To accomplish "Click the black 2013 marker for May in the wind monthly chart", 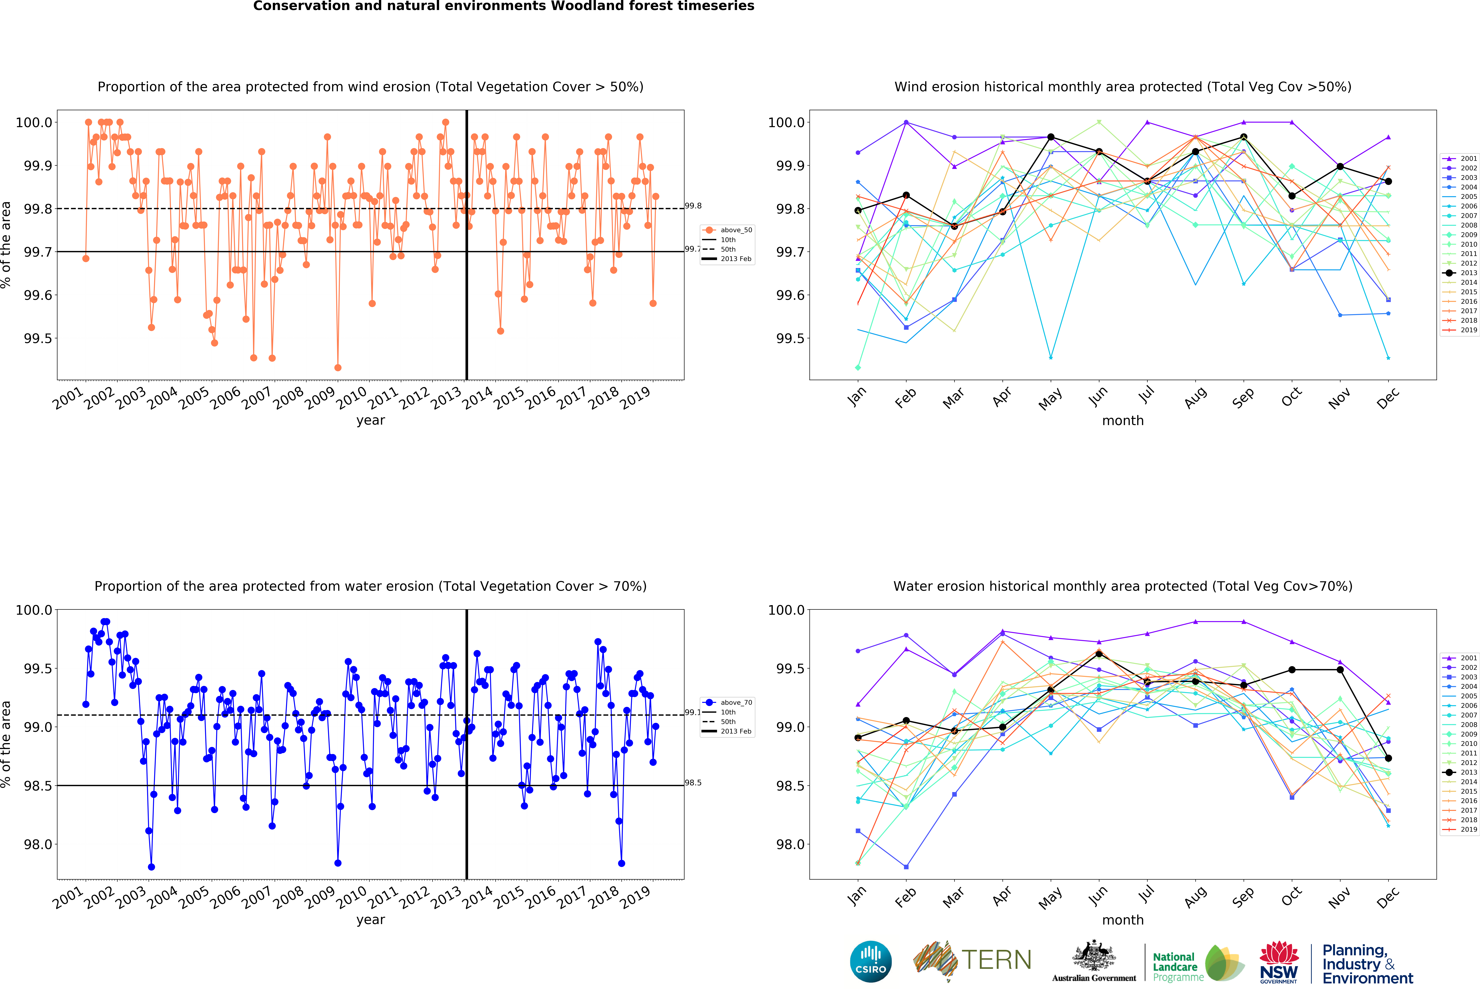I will point(1051,137).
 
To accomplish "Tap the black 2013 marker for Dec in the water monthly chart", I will point(1388,758).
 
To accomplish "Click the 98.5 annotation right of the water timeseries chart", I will point(693,783).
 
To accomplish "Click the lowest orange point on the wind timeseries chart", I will point(338,367).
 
